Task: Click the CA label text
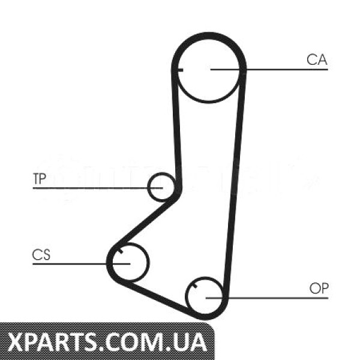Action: [x=317, y=59]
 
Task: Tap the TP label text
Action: [x=40, y=179]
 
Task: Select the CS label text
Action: [x=41, y=254]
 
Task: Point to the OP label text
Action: [x=319, y=289]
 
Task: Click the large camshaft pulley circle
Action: [x=209, y=102]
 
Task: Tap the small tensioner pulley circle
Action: [x=148, y=187]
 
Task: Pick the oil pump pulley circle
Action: [x=186, y=296]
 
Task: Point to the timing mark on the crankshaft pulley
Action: [x=120, y=251]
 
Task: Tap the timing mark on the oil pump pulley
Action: [x=195, y=286]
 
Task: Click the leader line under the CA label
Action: [x=269, y=69]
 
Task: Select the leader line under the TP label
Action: [x=98, y=188]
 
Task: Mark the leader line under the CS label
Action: [x=81, y=264]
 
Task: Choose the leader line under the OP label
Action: [x=267, y=298]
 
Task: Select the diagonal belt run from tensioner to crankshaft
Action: [x=145, y=220]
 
